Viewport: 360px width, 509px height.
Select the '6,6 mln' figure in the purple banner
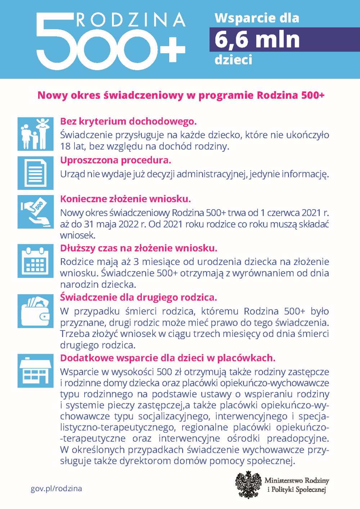[257, 40]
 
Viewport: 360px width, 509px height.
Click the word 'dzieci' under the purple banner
[233, 60]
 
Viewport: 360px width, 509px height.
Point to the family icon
[35, 134]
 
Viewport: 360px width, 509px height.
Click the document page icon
[35, 173]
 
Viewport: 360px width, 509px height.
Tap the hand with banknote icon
[35, 212]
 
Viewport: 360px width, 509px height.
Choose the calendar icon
[35, 261]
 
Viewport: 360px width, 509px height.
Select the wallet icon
[35, 311]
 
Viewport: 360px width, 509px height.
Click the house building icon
[35, 371]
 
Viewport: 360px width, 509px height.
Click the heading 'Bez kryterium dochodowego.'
[128, 121]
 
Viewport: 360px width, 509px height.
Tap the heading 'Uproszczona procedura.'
[116, 160]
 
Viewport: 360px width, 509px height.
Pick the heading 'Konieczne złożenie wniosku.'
[125, 199]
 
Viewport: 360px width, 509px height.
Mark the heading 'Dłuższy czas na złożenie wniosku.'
[139, 248]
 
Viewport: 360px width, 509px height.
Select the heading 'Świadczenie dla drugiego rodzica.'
[138, 298]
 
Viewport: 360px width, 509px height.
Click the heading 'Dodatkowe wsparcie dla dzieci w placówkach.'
[167, 358]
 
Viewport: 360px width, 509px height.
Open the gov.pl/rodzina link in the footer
[56, 488]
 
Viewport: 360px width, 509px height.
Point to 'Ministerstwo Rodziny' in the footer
[297, 481]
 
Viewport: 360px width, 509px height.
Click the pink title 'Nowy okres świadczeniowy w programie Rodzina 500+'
[181, 95]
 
